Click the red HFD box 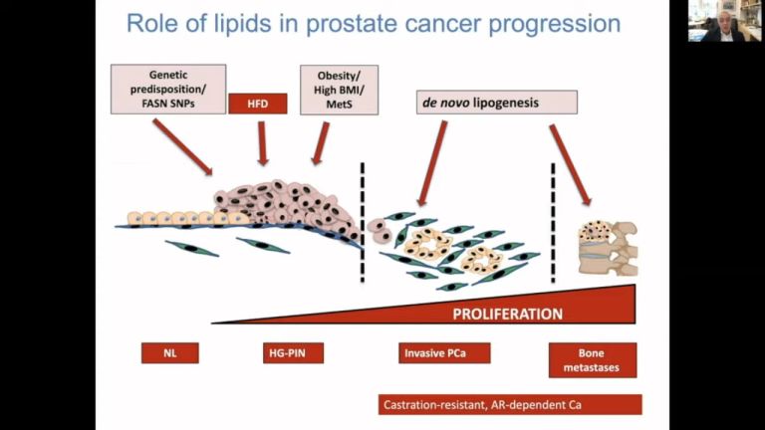258,103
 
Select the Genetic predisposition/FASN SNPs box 169,89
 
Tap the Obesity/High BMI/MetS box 339,89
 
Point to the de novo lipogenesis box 496,102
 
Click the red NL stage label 169,352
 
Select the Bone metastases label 593,359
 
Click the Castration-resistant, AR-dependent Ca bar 510,404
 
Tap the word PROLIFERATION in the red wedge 508,315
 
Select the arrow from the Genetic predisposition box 181,147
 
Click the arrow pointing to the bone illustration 570,164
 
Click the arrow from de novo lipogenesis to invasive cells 432,161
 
